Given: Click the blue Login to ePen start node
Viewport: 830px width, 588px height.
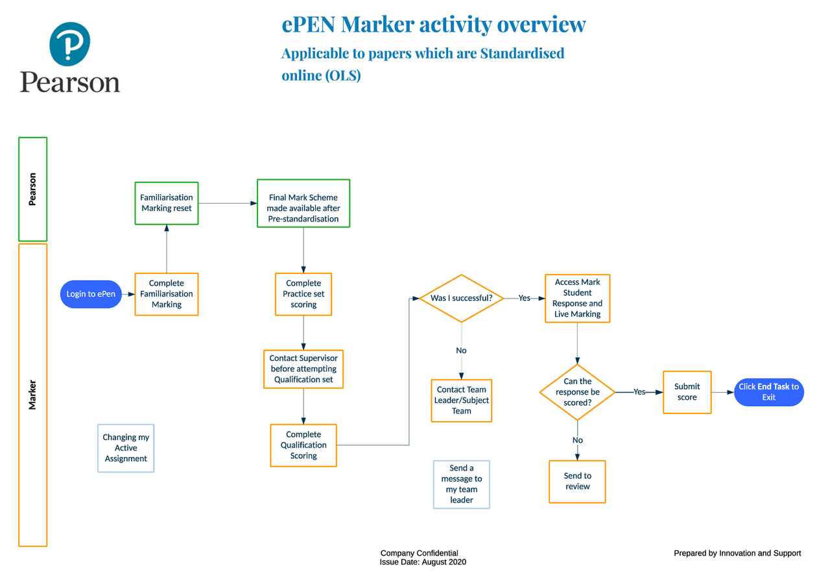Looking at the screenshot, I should (91, 294).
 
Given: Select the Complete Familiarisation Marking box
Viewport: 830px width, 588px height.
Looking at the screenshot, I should (167, 294).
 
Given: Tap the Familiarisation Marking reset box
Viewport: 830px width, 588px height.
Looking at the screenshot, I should (167, 203).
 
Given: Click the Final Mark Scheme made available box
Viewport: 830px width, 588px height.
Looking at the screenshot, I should (303, 203).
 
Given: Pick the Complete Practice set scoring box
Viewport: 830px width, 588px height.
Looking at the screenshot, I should (303, 294).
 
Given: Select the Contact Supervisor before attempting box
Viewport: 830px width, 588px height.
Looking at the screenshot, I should (303, 369).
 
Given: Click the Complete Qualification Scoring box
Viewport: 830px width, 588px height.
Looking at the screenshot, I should (303, 445).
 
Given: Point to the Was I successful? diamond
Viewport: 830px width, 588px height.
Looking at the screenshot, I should (461, 299).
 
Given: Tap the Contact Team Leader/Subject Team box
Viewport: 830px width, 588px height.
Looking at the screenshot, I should (462, 400).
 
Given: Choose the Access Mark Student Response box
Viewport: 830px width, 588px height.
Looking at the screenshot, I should (577, 298).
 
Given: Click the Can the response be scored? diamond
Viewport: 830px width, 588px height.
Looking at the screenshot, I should (577, 392).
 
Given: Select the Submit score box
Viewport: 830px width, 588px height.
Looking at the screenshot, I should (687, 392).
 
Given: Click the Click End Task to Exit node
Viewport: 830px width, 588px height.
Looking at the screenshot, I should (768, 392).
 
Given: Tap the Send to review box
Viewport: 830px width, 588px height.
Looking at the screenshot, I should (577, 482).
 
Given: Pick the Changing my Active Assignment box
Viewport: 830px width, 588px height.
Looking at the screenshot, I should (126, 448).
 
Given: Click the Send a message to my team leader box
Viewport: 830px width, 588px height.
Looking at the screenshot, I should (462, 484).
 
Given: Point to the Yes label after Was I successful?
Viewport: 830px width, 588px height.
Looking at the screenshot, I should (524, 299).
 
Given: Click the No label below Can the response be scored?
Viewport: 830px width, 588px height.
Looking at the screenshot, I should (577, 440).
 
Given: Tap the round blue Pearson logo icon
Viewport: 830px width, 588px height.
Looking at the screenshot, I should (69, 44).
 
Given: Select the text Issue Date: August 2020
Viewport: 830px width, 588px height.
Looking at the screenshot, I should (423, 562).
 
